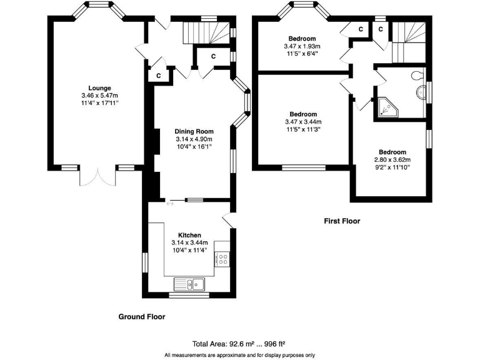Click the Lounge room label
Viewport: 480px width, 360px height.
99,87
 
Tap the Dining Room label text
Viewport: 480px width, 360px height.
194,131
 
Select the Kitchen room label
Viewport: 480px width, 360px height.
189,235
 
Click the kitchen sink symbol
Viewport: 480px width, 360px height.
190,284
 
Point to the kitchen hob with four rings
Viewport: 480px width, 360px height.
222,259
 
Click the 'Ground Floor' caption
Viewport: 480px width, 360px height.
142,317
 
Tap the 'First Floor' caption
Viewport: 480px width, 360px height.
342,221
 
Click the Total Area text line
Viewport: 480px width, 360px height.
240,344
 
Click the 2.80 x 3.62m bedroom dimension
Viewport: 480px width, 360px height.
392,160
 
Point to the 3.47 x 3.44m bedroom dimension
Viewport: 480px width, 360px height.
303,122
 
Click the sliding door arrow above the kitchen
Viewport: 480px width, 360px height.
170,202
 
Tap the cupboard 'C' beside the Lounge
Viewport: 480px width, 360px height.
159,75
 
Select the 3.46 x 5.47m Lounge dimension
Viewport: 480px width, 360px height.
99,95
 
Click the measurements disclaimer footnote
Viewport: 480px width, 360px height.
240,355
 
